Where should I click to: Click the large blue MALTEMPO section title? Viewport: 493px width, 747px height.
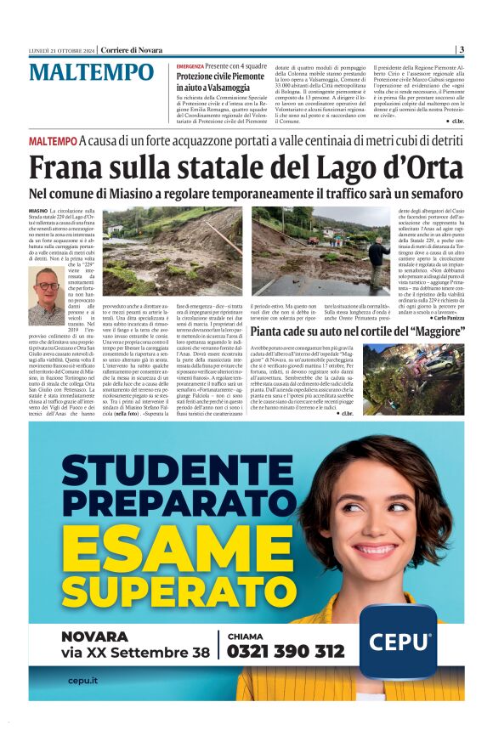pyautogui.click(x=92, y=73)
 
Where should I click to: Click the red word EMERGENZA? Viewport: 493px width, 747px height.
pyautogui.click(x=190, y=65)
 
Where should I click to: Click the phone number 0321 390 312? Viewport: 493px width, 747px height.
pyautogui.click(x=286, y=651)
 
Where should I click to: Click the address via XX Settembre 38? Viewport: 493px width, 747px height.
pyautogui.click(x=135, y=653)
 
